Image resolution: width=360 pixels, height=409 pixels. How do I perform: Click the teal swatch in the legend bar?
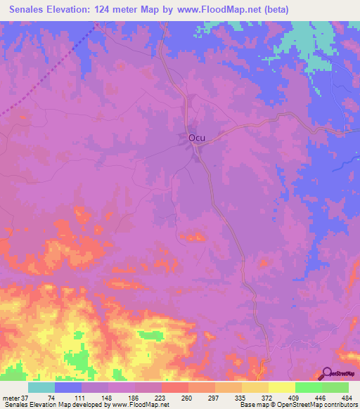tap(41, 387)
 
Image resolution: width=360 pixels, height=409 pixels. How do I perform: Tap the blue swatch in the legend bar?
tap(68, 387)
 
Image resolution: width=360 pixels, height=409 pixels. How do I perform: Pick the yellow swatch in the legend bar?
tap(281, 387)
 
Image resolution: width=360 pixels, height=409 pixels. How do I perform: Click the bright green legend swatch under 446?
tap(308, 387)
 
